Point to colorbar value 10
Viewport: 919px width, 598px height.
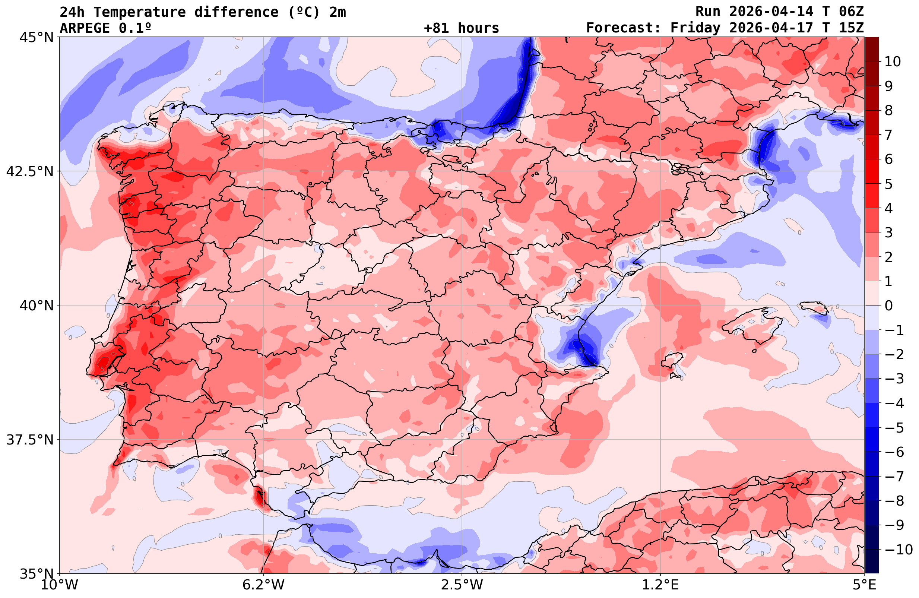pos(892,61)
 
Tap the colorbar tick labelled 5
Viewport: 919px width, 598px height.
pos(888,184)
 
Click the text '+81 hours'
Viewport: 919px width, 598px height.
pos(462,28)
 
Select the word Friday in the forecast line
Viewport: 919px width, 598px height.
pos(695,28)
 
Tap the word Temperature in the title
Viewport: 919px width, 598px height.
pos(139,12)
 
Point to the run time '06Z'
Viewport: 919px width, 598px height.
pos(851,12)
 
